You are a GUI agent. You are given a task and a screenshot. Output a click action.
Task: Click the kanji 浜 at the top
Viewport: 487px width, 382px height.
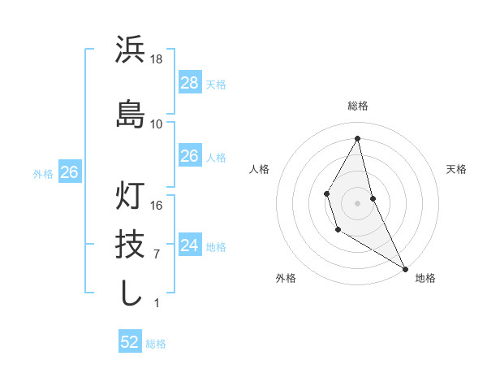coord(131,50)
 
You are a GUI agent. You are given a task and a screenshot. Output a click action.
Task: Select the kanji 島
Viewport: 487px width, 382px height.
coord(131,114)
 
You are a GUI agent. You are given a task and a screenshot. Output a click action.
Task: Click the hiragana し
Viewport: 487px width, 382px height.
coord(131,293)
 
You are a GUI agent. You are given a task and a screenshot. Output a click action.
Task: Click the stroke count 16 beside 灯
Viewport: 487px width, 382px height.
coord(157,206)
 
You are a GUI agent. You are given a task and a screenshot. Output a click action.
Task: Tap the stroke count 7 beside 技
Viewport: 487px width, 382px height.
coord(157,254)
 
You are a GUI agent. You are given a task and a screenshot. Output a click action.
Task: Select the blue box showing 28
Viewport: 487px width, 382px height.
coord(189,83)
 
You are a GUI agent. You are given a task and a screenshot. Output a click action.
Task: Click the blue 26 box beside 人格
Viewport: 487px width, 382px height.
coord(189,156)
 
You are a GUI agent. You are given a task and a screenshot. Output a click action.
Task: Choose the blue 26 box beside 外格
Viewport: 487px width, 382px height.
coord(69,172)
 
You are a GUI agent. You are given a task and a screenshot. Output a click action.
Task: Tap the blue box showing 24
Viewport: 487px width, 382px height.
coord(189,245)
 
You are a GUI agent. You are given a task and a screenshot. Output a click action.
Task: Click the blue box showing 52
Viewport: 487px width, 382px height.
coord(130,342)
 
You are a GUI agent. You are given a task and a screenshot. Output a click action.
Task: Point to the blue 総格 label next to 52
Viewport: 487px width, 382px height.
coord(156,344)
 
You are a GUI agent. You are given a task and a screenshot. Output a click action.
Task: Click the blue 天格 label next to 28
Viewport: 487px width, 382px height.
coord(216,85)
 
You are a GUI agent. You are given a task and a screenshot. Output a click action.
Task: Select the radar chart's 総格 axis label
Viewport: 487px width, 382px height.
coord(358,106)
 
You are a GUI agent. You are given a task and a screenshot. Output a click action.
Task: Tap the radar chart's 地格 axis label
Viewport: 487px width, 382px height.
coord(425,278)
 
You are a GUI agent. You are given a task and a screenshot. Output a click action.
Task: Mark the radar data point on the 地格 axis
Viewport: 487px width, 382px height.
coord(405,269)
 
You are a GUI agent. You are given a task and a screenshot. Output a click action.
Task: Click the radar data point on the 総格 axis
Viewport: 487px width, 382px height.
coord(358,138)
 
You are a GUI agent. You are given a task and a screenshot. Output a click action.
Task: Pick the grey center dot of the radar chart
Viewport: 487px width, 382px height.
coord(358,202)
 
